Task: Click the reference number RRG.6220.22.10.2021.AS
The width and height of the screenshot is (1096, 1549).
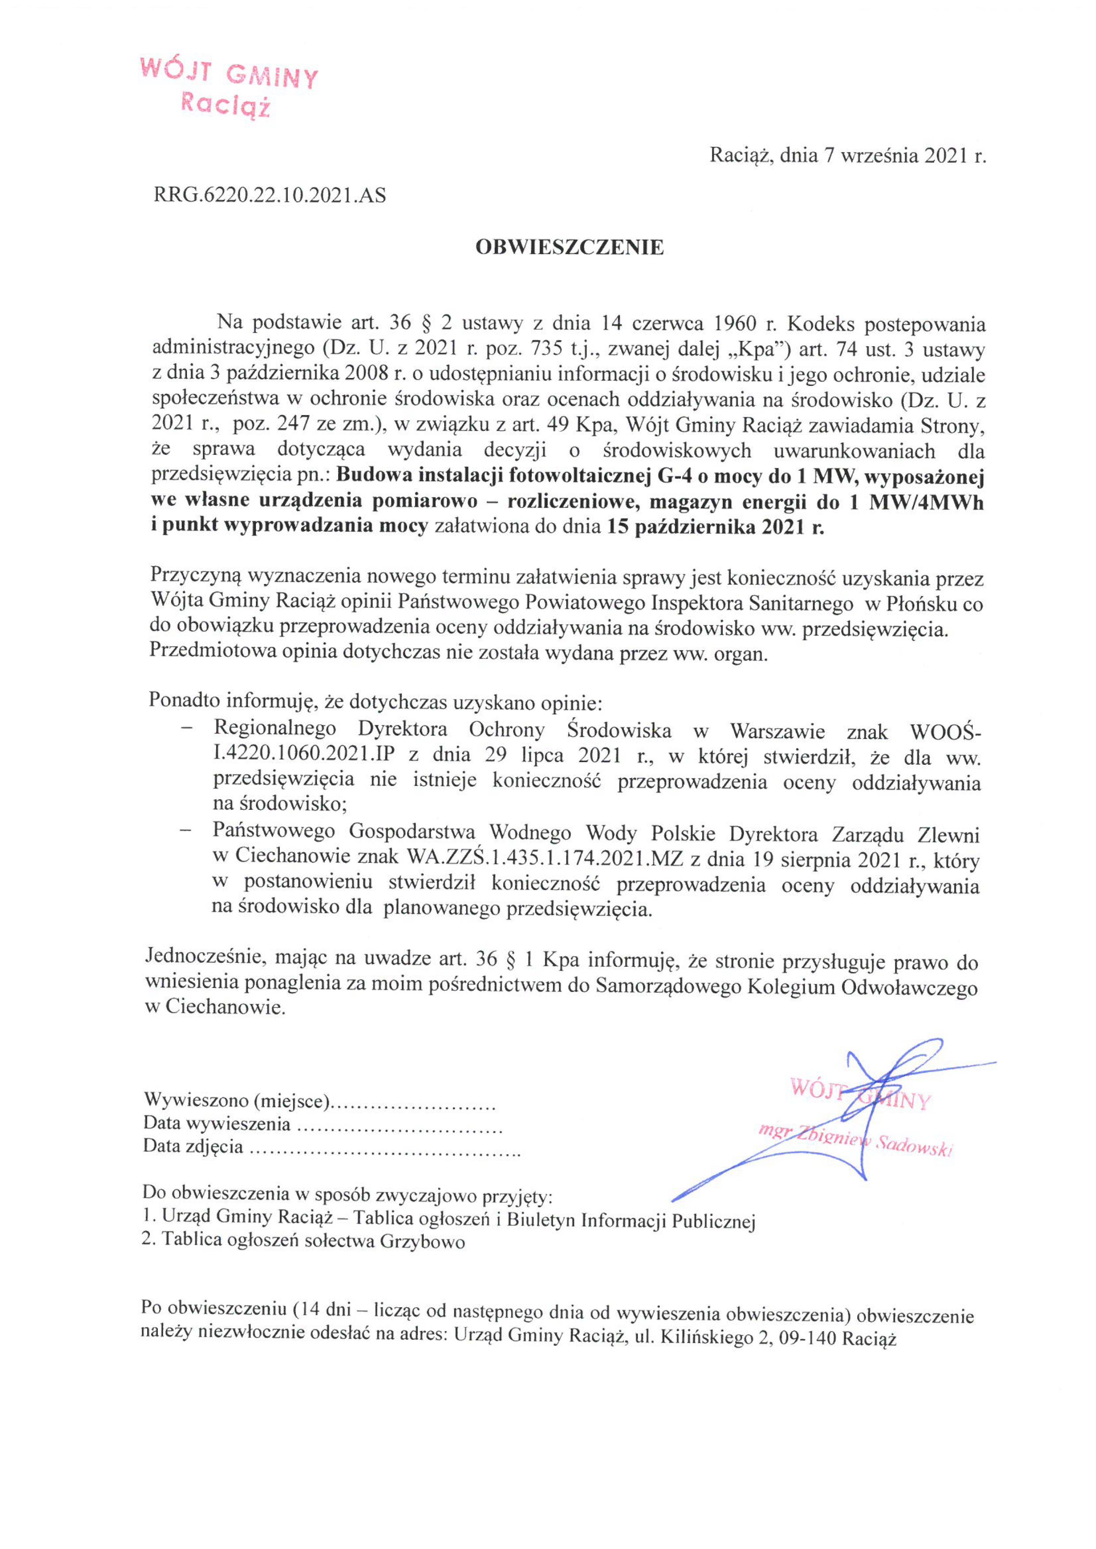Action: (x=270, y=196)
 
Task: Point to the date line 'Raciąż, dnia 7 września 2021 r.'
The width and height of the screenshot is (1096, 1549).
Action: (x=847, y=156)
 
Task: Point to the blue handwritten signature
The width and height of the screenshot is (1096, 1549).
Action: (x=864, y=1106)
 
